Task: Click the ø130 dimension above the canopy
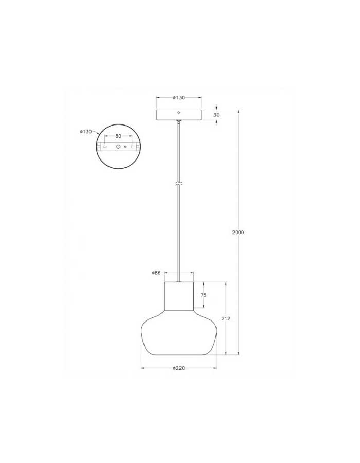click(x=179, y=97)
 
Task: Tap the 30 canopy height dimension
click(x=217, y=115)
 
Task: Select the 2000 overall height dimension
click(x=238, y=233)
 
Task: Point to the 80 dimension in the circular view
click(x=118, y=136)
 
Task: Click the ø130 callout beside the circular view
click(x=86, y=132)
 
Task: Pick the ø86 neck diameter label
click(x=156, y=273)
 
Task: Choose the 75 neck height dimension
click(x=203, y=295)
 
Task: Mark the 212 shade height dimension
click(x=226, y=318)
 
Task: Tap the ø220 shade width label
click(x=179, y=368)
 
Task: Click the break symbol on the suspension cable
click(x=179, y=184)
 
